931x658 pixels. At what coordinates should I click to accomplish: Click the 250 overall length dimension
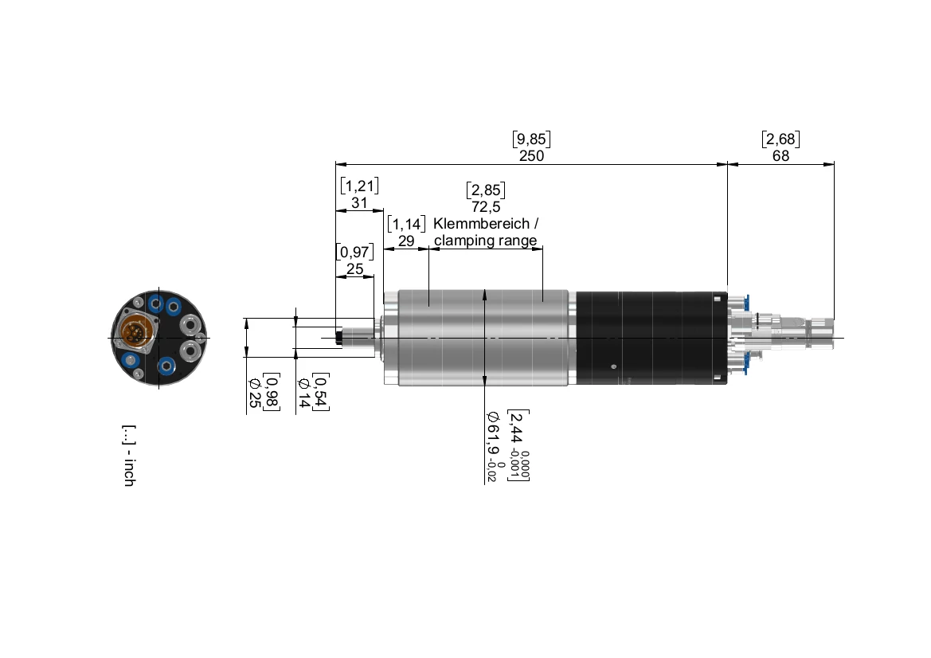point(531,156)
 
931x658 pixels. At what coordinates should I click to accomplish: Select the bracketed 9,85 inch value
point(531,139)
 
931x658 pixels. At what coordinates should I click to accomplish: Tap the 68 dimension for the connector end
point(780,156)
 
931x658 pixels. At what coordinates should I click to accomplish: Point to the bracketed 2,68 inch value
point(780,139)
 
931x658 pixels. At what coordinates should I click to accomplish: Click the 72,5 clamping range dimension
point(486,207)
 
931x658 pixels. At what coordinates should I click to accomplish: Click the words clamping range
point(485,241)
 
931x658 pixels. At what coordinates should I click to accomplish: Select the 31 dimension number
point(359,203)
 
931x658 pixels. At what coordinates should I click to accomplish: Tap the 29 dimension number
point(406,241)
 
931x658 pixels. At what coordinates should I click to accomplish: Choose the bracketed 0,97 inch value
point(354,253)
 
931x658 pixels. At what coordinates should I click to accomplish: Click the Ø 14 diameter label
point(303,394)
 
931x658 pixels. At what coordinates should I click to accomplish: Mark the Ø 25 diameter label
point(254,394)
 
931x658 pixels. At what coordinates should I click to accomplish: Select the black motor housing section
point(649,338)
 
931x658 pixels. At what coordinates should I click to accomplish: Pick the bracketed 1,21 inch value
point(359,186)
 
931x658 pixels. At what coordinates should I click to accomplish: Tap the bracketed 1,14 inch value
point(406,224)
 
